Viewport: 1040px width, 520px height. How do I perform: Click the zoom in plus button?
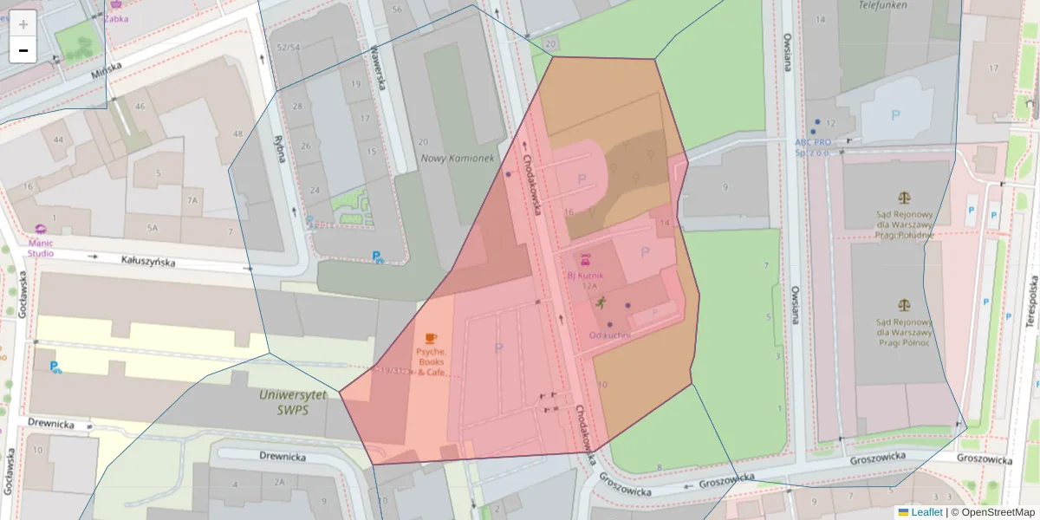coord(23,23)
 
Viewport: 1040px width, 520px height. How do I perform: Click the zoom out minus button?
coord(23,50)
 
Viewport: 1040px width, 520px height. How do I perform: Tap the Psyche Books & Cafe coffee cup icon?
coord(431,338)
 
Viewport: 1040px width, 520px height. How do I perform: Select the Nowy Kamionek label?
coord(457,159)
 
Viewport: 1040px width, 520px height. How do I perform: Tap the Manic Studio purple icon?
coord(40,230)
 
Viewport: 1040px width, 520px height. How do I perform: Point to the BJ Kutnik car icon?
coord(585,257)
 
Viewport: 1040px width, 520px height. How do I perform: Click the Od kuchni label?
coord(609,335)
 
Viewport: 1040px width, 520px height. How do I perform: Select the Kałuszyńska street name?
coord(148,260)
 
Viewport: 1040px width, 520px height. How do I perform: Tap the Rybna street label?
coord(279,151)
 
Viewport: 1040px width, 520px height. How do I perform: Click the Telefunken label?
coord(881,4)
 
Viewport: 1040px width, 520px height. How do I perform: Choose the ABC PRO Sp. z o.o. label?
coord(813,146)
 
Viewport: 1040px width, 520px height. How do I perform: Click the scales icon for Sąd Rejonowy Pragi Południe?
coord(905,198)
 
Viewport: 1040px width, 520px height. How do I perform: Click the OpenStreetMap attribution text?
coord(993,512)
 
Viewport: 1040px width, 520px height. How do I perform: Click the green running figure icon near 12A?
coord(601,302)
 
